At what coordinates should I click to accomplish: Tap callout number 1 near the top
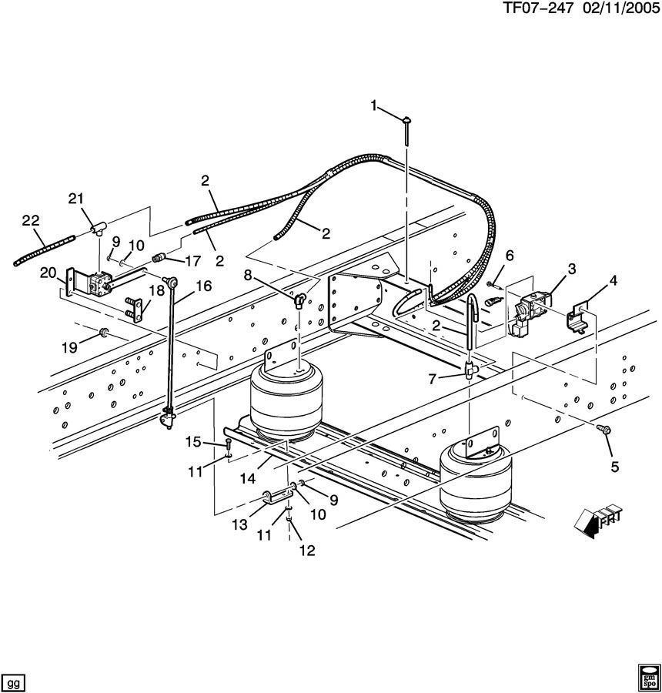tap(375, 105)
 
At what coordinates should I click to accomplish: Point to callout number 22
tap(30, 220)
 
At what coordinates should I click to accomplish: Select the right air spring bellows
tap(472, 481)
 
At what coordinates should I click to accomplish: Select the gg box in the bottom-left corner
tap(14, 682)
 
